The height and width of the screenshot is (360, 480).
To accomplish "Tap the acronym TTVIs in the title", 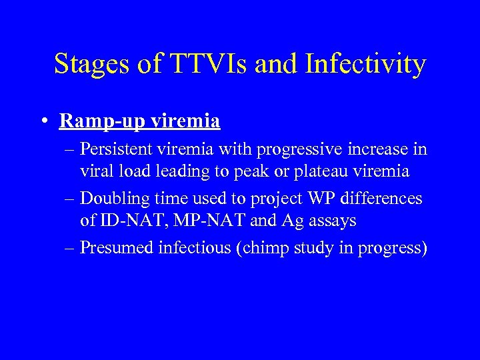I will click(204, 65).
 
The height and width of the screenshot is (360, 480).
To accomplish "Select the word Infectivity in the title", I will click(364, 65).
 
